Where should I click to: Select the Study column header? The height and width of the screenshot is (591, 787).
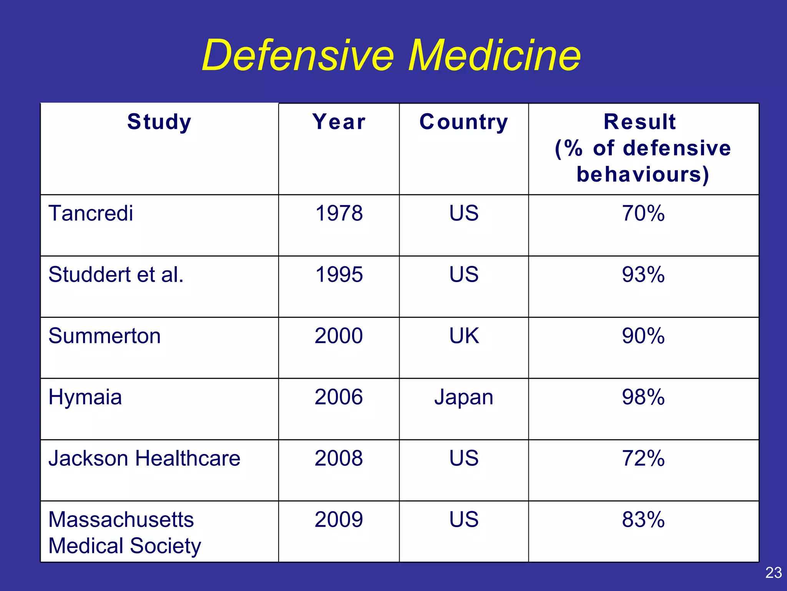pos(159,122)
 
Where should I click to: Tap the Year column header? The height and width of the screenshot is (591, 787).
pos(339,122)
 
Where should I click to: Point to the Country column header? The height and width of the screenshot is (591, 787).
pos(463,122)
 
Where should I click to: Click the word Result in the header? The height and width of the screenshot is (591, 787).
pos(639,122)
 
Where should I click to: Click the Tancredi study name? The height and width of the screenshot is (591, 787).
pos(91,213)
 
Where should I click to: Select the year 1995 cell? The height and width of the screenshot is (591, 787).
pos(339,275)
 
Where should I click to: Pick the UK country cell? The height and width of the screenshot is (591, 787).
pos(464,336)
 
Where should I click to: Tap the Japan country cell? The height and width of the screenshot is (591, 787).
pos(463,397)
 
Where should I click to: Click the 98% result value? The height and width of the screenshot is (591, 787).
pos(643,397)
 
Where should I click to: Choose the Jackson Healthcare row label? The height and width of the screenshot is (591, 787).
pos(144,458)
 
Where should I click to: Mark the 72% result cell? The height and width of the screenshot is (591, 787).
pos(643,458)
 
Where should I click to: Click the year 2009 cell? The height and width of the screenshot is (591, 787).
pos(339,519)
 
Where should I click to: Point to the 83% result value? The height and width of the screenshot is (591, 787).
pos(643,519)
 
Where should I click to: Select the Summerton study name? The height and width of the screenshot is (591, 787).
pos(105,336)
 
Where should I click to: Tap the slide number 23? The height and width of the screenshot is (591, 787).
pos(773,573)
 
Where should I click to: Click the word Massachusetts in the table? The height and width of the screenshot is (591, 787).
pos(121,519)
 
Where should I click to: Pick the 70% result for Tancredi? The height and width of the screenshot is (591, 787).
pos(643,213)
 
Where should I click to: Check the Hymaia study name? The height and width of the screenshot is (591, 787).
pos(85,397)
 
